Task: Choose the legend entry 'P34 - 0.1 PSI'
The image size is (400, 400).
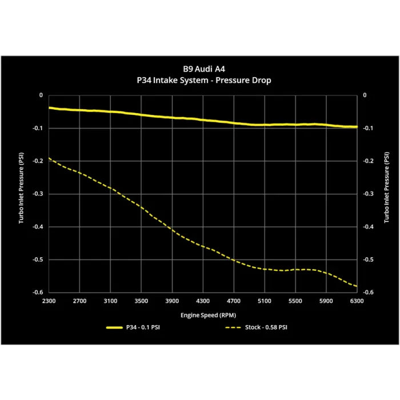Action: pos(142,328)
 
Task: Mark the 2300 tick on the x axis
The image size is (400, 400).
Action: pos(49,301)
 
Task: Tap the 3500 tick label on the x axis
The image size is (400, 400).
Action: pos(141,301)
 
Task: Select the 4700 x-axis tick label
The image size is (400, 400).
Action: pos(234,301)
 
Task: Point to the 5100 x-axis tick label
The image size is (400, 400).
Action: pos(265,301)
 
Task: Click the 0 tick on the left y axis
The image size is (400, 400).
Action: pos(40,95)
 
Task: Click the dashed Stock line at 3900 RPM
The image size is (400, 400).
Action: pos(172,229)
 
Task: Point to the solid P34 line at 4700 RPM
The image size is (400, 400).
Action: pos(234,123)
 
